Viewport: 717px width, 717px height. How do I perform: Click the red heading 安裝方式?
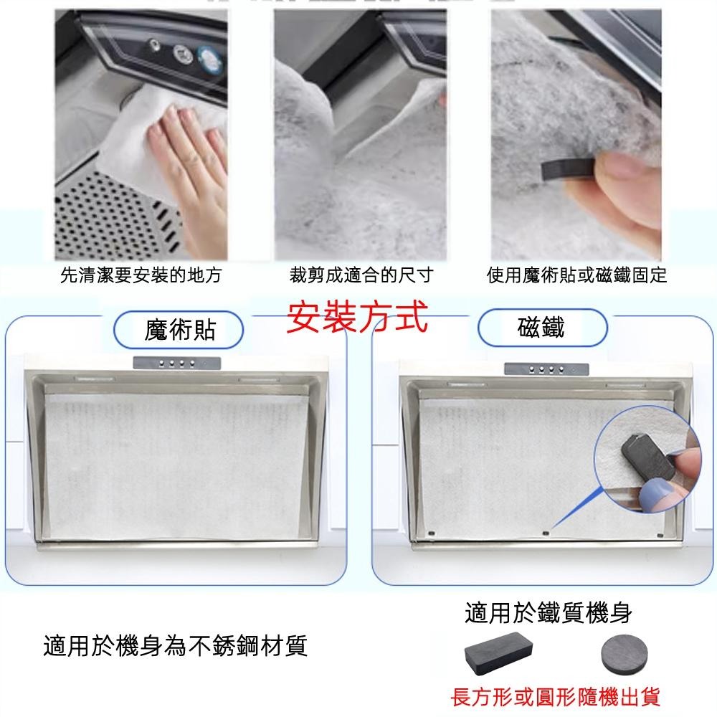pyautogui.click(x=357, y=316)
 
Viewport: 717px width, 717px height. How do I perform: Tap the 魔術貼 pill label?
pyautogui.click(x=179, y=330)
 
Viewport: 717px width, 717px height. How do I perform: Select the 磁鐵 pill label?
pyautogui.click(x=542, y=328)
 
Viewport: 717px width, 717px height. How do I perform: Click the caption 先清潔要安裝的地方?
pyautogui.click(x=141, y=275)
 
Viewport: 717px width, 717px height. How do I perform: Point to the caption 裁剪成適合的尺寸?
pyautogui.click(x=361, y=275)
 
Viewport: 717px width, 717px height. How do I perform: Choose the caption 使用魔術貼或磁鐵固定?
pyautogui.click(x=576, y=275)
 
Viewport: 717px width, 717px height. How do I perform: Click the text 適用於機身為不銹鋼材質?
pyautogui.click(x=175, y=646)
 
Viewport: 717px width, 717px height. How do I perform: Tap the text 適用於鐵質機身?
pyautogui.click(x=549, y=613)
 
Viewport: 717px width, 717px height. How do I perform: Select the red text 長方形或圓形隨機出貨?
pyautogui.click(x=556, y=697)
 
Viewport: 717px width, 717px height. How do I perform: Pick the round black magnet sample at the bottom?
pyautogui.click(x=624, y=655)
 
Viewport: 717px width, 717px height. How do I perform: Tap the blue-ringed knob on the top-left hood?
pyautogui.click(x=210, y=61)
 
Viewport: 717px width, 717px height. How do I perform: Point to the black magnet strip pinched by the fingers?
pyautogui.click(x=569, y=169)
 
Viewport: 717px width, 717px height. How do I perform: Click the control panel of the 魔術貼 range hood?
pyautogui.click(x=177, y=363)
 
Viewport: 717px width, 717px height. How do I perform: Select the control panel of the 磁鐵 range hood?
pyautogui.click(x=546, y=369)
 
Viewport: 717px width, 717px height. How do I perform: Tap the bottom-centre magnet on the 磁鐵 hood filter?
pyautogui.click(x=545, y=533)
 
